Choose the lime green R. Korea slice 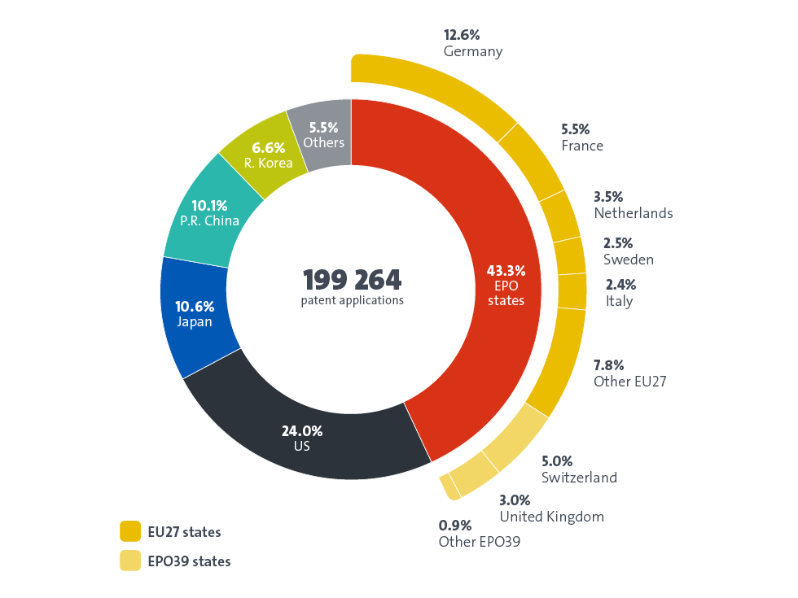[x=265, y=155]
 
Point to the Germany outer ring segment [x=440, y=89]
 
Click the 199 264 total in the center [x=352, y=280]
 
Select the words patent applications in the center [x=352, y=300]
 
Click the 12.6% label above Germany [x=461, y=35]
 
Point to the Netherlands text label [x=633, y=213]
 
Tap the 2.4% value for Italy [x=621, y=285]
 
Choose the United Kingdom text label [x=551, y=517]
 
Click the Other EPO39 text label [x=479, y=541]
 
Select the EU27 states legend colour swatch [x=130, y=532]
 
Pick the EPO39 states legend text [x=189, y=561]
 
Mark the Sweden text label [x=628, y=260]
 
